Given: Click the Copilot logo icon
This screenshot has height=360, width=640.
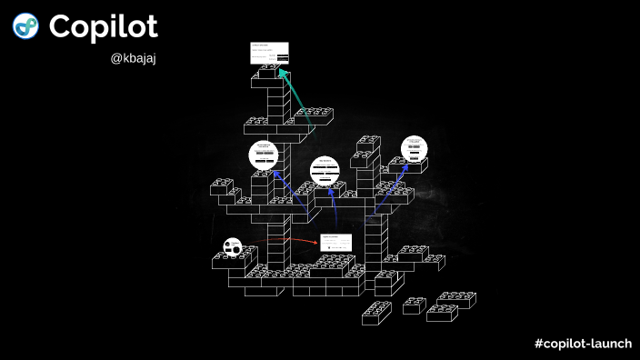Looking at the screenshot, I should pos(25,26).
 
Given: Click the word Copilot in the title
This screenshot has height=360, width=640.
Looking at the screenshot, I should pos(104,26).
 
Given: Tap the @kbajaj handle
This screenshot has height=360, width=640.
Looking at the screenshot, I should pos(134,59).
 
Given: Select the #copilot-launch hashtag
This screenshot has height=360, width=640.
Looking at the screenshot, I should pos(583,343).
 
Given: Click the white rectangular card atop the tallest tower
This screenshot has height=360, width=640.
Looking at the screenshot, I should pos(270,53).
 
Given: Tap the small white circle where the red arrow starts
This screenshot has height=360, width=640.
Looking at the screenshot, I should pos(233,246).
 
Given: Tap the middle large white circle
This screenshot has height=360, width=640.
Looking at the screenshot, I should pos(325,170).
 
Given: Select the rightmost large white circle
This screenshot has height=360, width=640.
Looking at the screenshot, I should pos(415,148).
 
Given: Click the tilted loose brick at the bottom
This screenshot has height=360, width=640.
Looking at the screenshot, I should pos(376,313).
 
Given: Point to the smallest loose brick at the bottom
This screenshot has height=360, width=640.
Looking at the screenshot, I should pos(414,305).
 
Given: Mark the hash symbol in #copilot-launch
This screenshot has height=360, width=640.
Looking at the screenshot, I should pos(540,343).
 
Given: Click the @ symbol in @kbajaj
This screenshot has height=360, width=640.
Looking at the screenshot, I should pos(115,59).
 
